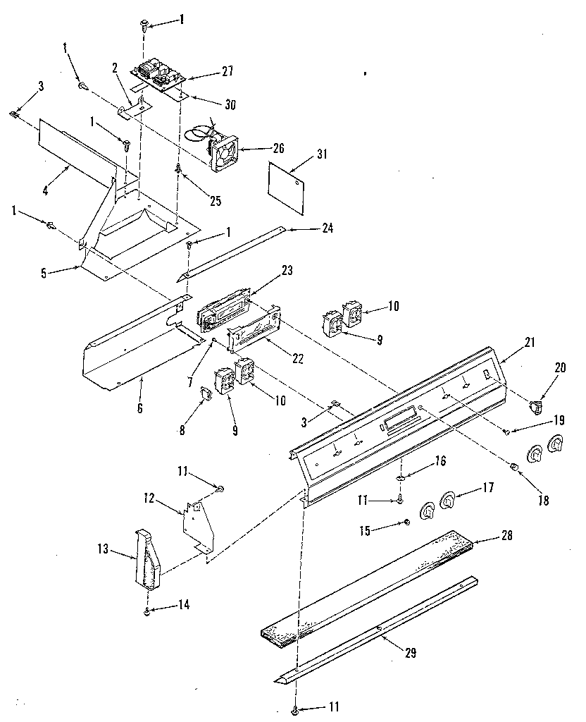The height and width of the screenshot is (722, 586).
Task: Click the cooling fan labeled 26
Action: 224,151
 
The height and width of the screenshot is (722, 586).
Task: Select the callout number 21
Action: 530,343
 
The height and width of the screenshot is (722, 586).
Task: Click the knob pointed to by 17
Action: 447,500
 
